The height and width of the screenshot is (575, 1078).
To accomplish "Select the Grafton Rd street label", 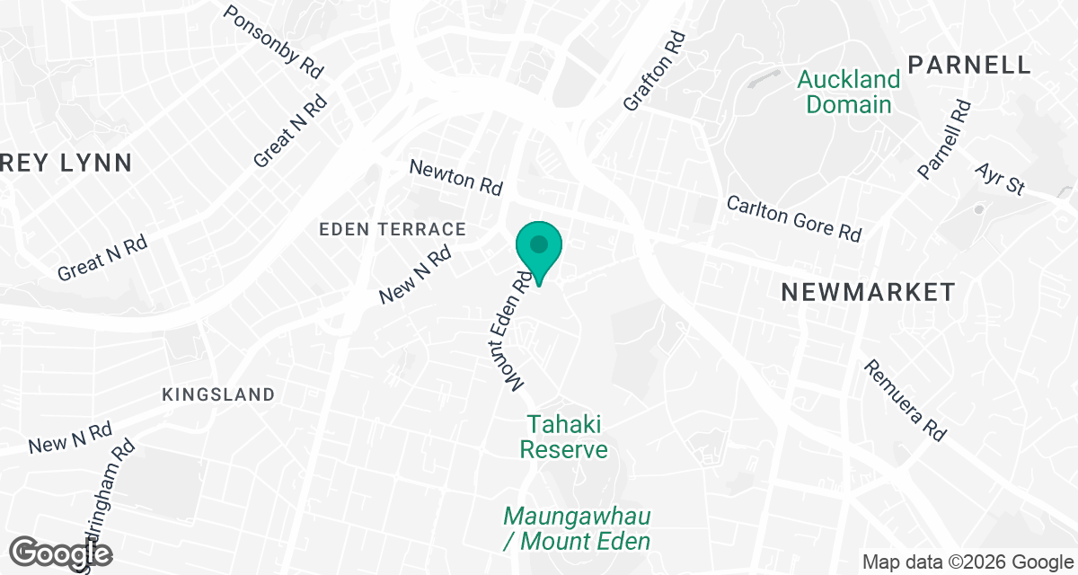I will point(654,72).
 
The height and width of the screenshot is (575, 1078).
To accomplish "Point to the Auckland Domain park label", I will point(849,92).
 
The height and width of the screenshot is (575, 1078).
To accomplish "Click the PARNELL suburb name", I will point(968,65).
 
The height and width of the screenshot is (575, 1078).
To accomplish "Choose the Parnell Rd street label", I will point(944,138).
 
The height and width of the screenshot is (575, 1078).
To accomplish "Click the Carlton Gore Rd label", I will point(794,218).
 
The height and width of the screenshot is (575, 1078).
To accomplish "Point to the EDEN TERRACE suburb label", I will point(393,230).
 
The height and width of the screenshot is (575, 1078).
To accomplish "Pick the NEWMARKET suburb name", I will point(867,292).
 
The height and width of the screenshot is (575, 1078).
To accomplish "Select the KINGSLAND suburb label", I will point(218,394).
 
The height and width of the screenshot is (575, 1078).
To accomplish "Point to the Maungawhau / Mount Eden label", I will point(576,528).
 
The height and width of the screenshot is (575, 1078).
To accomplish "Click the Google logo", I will point(61,553).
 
